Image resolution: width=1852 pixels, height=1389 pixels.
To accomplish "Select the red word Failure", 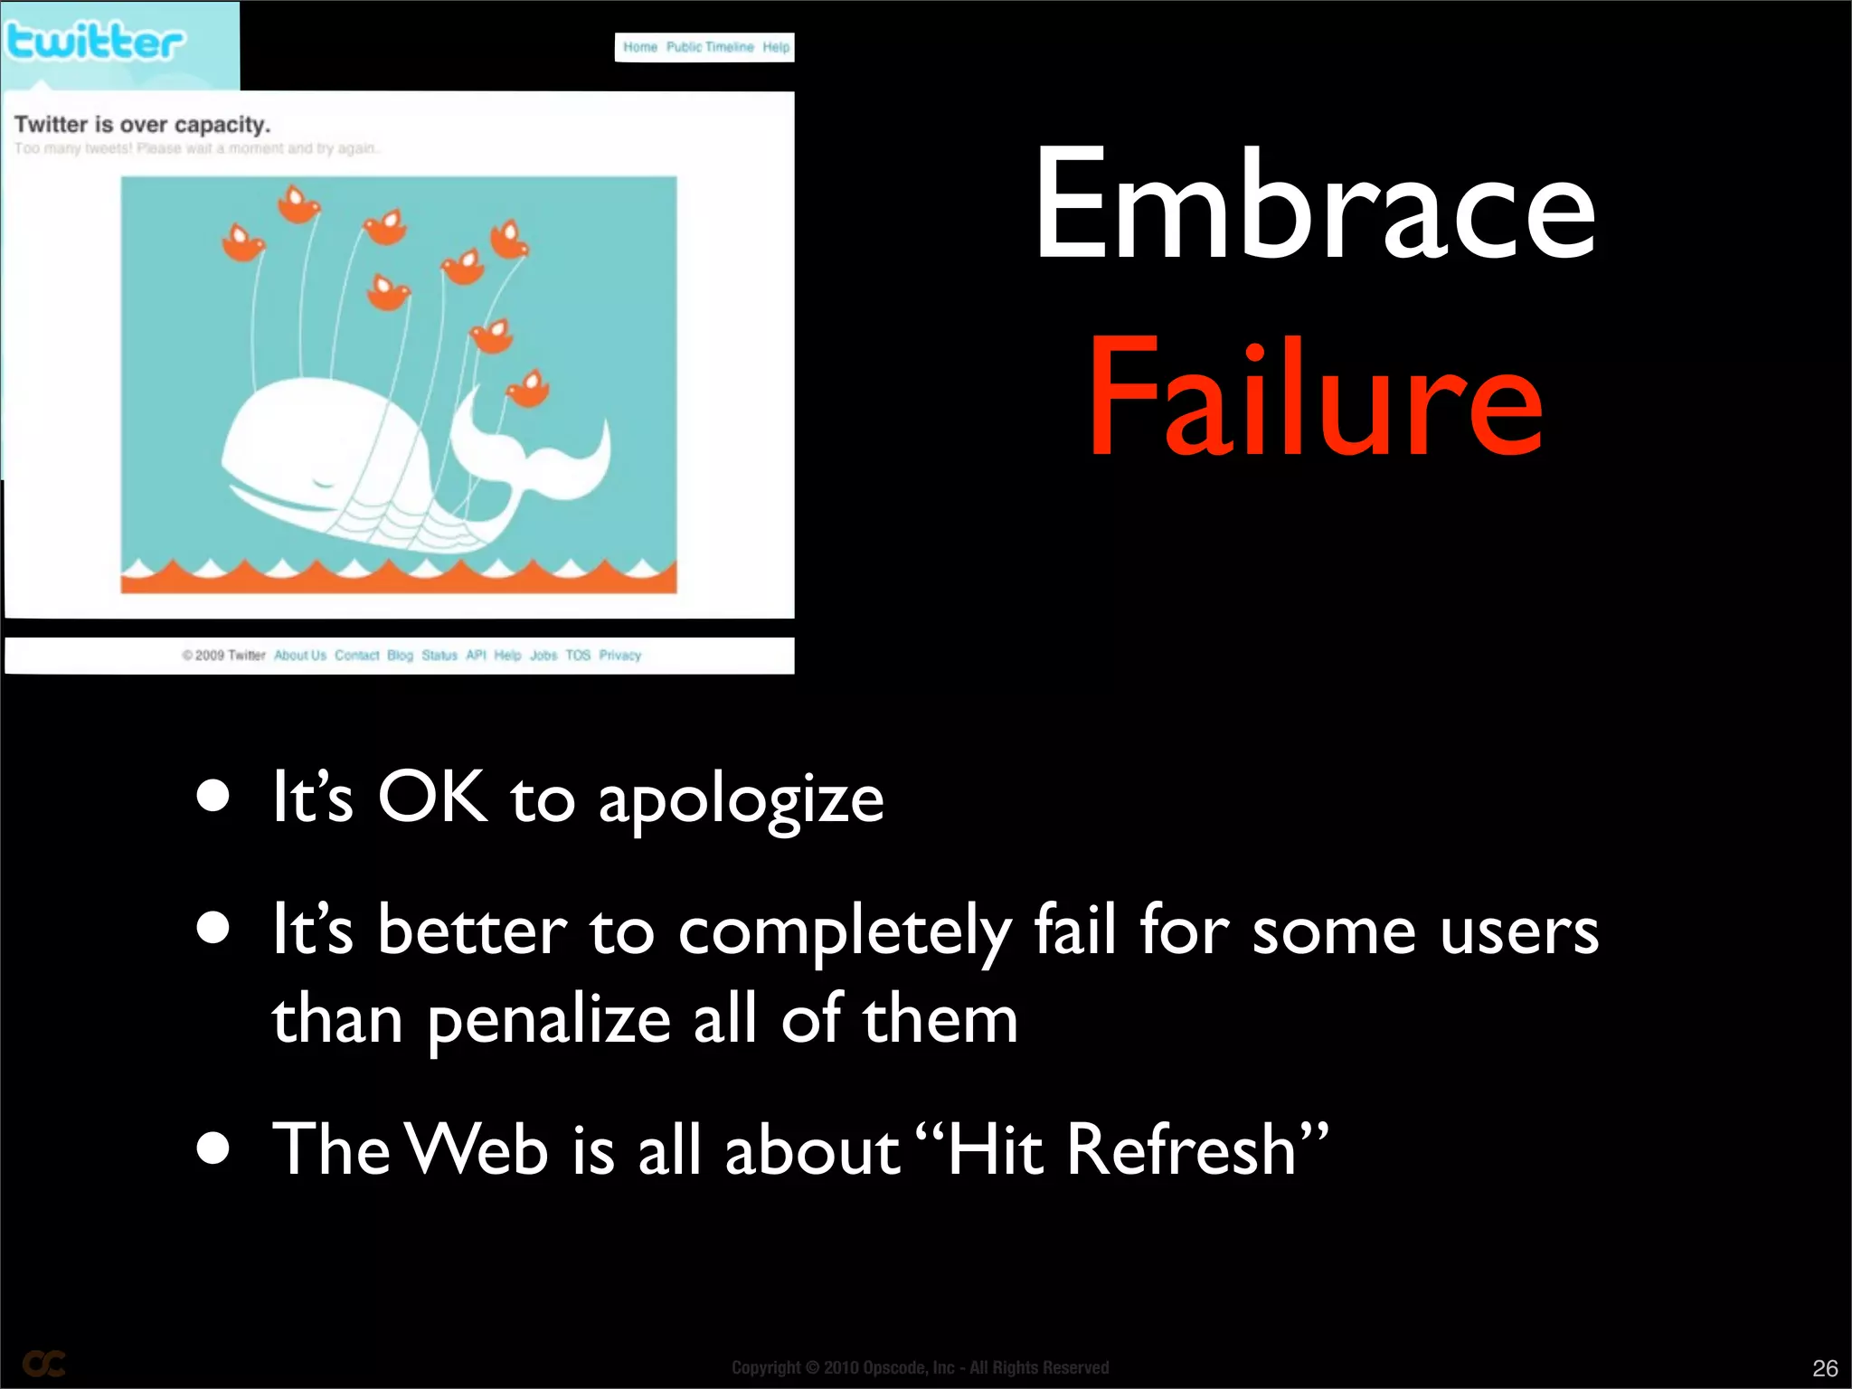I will coord(1316,398).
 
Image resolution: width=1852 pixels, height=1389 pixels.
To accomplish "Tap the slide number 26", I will coord(1825,1367).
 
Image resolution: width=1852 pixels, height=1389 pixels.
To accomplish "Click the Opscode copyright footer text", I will coord(920,1367).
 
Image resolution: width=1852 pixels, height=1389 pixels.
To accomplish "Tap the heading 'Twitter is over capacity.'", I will coord(142,124).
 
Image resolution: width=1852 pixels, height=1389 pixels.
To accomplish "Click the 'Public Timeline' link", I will coord(710,47).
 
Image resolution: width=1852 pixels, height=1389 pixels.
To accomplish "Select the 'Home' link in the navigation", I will coord(640,47).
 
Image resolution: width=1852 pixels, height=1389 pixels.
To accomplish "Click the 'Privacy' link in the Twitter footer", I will coord(619,656).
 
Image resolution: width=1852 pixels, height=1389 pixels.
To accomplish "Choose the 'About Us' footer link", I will coord(299,656).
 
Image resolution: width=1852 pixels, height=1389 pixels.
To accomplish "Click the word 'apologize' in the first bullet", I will coord(741,800).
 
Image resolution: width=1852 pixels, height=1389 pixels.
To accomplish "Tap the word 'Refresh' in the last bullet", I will coord(1182,1150).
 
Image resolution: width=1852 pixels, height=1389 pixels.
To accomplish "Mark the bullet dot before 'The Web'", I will coord(213,1148).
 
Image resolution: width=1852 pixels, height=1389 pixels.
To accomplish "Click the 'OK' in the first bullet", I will coord(432,798).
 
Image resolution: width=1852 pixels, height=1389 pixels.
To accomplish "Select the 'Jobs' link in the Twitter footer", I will coord(543,656).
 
